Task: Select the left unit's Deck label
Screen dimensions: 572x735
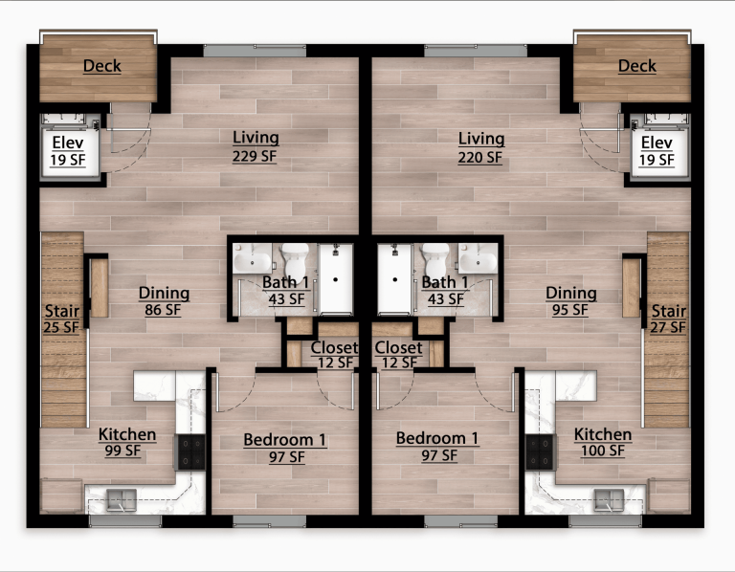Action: [x=101, y=66]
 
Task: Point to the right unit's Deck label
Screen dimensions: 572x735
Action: [x=636, y=66]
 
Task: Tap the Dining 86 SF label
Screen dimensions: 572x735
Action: [x=164, y=301]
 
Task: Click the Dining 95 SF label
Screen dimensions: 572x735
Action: [x=571, y=301]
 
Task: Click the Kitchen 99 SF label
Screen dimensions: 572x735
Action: [x=127, y=443]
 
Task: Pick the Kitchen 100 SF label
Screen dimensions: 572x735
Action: [x=603, y=443]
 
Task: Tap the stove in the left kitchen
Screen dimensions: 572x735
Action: [x=190, y=451]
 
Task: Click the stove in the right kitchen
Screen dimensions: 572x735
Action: [x=540, y=451]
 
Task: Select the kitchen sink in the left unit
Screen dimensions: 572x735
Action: [x=122, y=497]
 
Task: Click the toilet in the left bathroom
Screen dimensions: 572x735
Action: [x=295, y=258]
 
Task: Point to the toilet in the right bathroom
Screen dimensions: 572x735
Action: [x=436, y=258]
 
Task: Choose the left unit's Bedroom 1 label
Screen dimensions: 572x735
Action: [x=284, y=448]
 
